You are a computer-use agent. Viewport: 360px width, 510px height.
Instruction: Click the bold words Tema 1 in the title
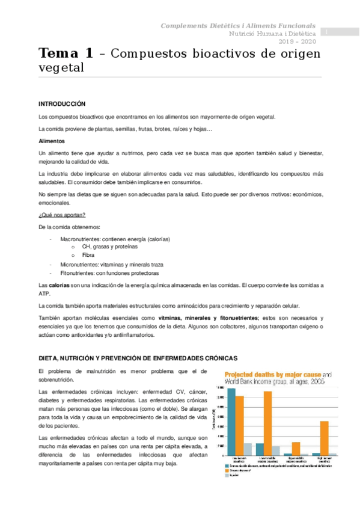pos(66,53)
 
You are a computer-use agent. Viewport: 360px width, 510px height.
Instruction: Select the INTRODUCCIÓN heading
pos(61,104)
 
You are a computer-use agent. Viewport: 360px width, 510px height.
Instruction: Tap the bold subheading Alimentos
pos(52,140)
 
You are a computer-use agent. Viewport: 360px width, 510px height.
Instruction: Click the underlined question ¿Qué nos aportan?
pos(61,215)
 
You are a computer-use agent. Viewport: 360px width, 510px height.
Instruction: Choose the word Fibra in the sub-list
pos(88,255)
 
